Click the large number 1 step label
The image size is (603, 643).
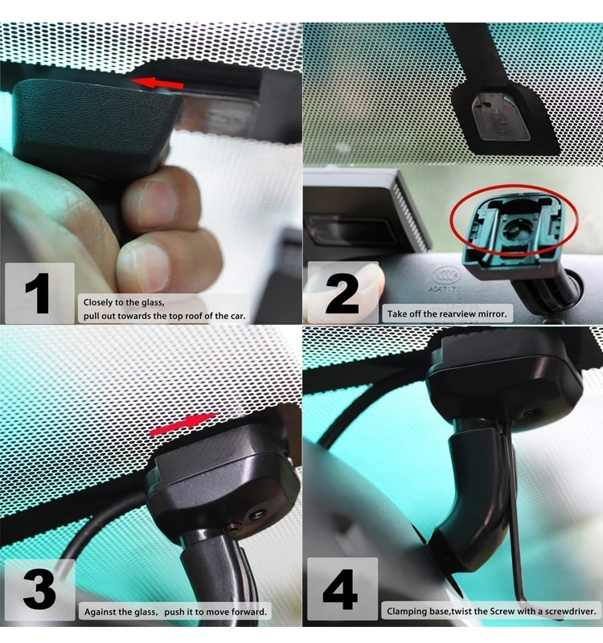point(37,294)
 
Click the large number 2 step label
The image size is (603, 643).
point(342,294)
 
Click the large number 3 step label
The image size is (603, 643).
point(39,591)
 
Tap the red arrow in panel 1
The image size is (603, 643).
point(158,82)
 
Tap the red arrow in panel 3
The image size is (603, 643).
point(183,424)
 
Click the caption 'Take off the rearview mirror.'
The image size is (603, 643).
point(448,314)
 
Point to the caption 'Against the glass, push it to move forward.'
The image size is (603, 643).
point(175,612)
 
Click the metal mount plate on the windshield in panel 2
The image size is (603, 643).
point(500,113)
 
